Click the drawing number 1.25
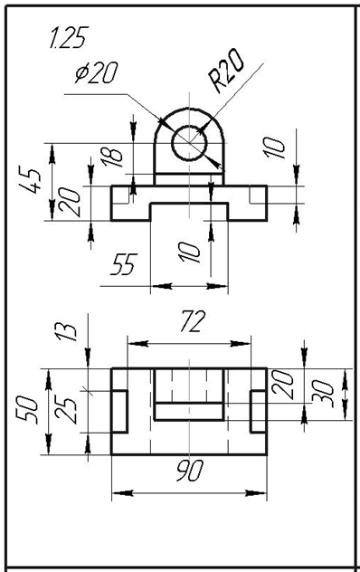[69, 37]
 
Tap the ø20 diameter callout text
[96, 72]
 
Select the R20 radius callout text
[226, 71]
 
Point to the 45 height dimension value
[28, 181]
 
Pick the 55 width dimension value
[124, 263]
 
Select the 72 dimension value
[193, 321]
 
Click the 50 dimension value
[27, 410]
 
